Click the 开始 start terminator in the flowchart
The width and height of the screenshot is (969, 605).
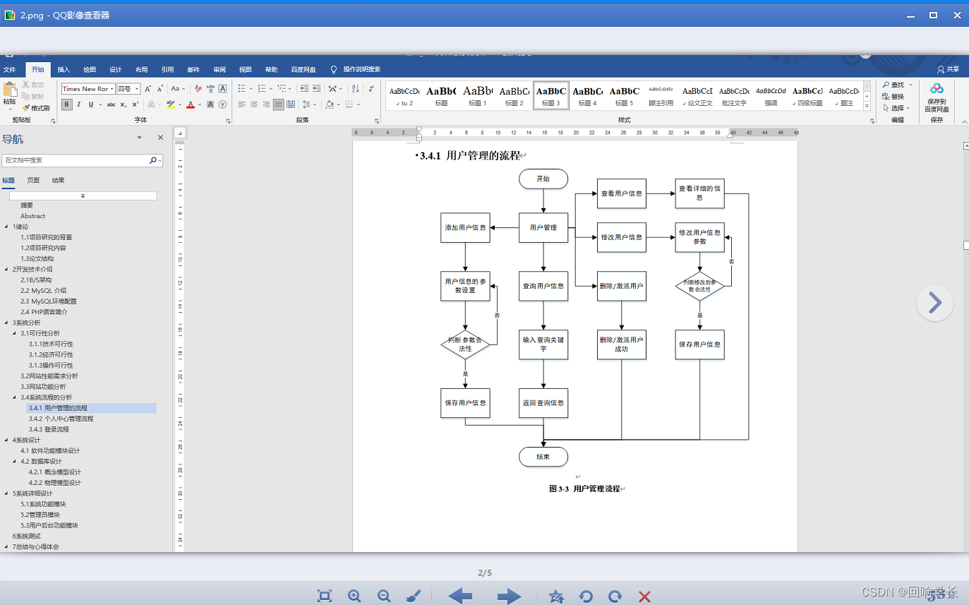click(x=543, y=179)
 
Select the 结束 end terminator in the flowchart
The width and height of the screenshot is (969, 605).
click(x=543, y=457)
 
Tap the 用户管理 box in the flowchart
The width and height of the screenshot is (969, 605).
click(x=543, y=227)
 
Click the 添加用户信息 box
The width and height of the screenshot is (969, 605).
click(x=465, y=227)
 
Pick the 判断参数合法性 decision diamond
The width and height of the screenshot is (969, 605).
click(x=465, y=345)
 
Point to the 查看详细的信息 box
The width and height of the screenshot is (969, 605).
click(x=699, y=193)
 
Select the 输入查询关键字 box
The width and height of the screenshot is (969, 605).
click(x=543, y=345)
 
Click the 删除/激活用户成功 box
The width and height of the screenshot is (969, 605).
click(x=621, y=345)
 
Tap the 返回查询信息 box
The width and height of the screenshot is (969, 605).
click(x=543, y=403)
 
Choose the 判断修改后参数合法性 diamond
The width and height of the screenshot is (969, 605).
click(x=699, y=286)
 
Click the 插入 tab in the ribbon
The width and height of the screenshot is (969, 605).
click(x=64, y=69)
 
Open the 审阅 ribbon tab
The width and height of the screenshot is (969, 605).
click(x=219, y=69)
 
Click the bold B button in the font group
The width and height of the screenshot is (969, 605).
click(x=67, y=104)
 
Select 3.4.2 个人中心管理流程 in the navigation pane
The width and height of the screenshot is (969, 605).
click(x=61, y=419)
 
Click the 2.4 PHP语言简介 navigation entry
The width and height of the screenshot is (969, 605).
click(x=44, y=312)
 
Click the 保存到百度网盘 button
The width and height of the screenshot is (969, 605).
click(x=937, y=97)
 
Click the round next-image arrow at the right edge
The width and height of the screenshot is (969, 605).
click(x=934, y=303)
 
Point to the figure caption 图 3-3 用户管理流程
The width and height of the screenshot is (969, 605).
click(x=584, y=489)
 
